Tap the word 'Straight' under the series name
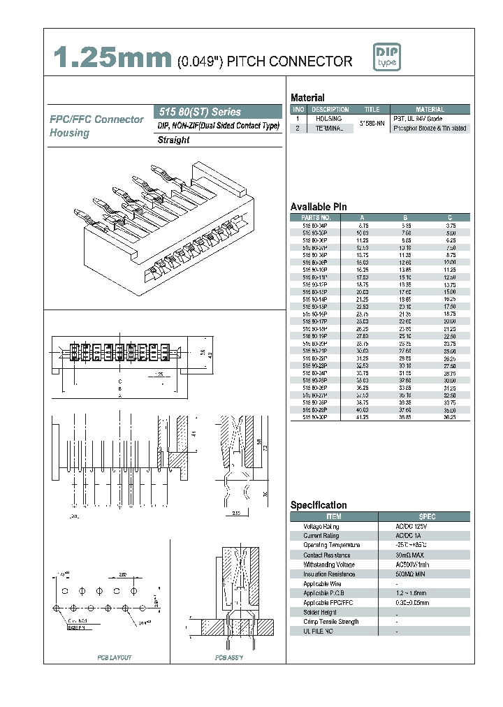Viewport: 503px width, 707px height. click(174, 140)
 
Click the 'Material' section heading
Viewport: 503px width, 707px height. click(307, 98)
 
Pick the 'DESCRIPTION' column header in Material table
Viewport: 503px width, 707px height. click(330, 110)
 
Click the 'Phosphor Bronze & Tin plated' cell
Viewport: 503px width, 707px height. click(430, 129)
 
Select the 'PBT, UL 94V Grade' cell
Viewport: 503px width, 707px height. click(420, 119)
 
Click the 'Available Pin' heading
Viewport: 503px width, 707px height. click(319, 207)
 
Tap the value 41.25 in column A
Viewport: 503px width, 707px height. click(363, 416)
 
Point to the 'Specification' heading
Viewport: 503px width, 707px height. click(319, 505)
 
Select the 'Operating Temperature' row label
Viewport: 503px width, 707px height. click(331, 545)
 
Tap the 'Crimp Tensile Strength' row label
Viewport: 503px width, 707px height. click(330, 621)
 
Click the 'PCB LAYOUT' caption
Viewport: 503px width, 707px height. click(114, 657)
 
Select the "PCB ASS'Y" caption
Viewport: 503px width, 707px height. click(229, 657)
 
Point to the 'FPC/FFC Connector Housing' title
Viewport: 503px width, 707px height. click(96, 126)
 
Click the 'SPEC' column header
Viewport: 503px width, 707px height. click(427, 516)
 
